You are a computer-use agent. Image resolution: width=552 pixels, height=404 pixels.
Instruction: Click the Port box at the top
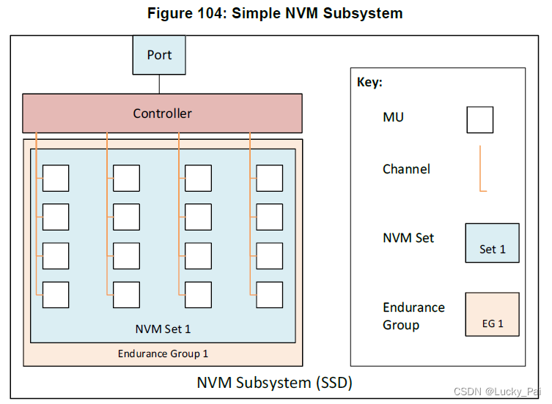coord(159,55)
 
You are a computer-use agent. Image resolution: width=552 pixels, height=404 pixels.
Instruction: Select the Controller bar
coord(162,113)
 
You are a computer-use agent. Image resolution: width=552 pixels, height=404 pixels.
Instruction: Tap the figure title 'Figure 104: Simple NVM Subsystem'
coord(275,13)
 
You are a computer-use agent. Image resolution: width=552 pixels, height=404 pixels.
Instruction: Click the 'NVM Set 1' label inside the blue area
coord(163,329)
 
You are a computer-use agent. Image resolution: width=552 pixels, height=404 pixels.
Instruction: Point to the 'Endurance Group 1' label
coord(163,353)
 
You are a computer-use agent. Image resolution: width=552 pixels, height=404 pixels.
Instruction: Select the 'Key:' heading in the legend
coord(369,83)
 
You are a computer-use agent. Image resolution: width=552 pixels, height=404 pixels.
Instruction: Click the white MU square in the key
coord(479,119)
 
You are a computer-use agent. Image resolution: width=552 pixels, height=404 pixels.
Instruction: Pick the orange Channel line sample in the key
coord(481,169)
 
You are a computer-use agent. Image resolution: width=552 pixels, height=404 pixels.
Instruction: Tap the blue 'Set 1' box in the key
coord(492,243)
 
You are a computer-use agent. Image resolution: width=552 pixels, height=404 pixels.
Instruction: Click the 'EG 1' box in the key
coord(492,314)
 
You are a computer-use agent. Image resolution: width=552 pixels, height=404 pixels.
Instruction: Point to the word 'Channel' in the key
coord(406,169)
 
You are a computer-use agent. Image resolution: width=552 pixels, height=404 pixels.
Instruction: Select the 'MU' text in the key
coord(393,117)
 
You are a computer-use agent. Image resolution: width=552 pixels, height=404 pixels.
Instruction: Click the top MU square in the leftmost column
coord(56,178)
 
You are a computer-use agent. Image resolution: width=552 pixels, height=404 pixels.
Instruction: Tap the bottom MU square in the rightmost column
coord(269,294)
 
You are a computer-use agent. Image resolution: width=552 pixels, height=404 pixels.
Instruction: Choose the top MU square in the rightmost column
coord(269,178)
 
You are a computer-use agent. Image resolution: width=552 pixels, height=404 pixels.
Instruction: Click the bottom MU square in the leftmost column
coord(56,294)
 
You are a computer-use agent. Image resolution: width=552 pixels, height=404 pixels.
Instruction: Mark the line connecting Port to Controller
coord(159,84)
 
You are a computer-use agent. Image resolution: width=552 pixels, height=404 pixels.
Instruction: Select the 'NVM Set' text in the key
coord(408,238)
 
